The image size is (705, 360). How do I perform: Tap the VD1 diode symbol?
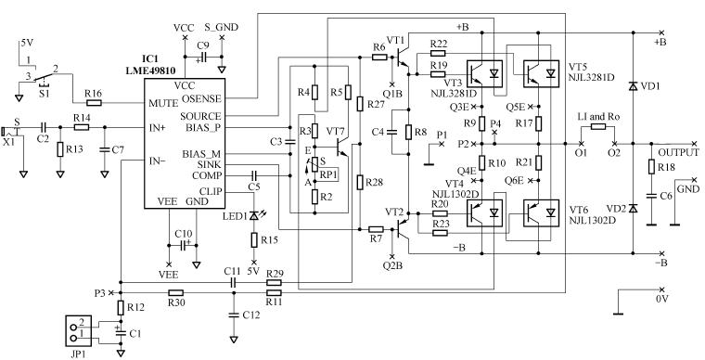pyautogui.click(x=633, y=86)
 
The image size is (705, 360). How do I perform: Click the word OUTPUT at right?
pyautogui.click(x=678, y=152)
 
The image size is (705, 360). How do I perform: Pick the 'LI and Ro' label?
pyautogui.click(x=596, y=117)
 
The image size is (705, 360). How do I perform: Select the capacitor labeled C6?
pyautogui.click(x=652, y=199)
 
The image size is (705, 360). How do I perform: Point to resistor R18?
pyautogui.click(x=652, y=167)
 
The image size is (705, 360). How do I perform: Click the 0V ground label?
pyautogui.click(x=660, y=301)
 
